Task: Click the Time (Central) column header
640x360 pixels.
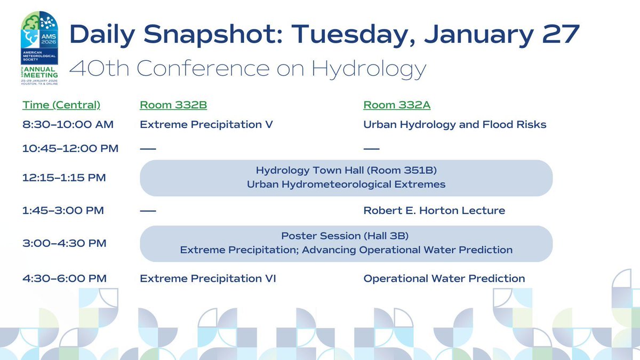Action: [61, 105]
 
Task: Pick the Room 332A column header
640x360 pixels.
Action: [397, 105]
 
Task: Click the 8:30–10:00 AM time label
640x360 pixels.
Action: [68, 125]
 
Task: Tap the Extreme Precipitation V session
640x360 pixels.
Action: [206, 125]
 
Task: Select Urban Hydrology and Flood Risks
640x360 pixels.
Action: [455, 125]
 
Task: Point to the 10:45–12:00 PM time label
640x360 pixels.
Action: [70, 148]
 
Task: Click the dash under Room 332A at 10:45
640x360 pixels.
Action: [371, 148]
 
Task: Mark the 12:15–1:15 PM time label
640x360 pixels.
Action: [64, 178]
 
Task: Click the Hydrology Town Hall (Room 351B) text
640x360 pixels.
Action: [346, 171]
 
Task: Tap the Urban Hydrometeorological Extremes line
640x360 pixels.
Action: [346, 185]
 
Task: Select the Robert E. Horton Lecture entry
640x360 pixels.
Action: [434, 211]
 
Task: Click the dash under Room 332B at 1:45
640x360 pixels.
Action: [148, 211]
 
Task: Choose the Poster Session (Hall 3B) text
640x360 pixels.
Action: [346, 236]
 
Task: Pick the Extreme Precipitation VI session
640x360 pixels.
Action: [208, 278]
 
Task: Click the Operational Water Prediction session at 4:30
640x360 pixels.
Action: [444, 278]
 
